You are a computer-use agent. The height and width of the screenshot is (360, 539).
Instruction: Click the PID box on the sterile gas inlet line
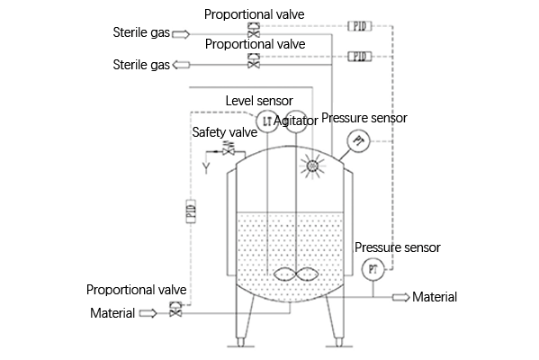tap(360, 26)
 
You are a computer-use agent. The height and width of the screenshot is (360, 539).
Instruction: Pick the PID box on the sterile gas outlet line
tap(360, 57)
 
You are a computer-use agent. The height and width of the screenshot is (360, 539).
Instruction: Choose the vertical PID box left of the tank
tap(191, 211)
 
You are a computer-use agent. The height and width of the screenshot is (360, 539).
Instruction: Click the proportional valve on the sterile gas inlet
tap(254, 30)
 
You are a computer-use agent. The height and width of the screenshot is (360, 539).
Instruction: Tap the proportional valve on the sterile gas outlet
tap(254, 60)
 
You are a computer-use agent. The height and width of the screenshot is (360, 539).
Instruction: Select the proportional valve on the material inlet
tap(175, 309)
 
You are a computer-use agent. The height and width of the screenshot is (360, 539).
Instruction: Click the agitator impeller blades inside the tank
tap(296, 274)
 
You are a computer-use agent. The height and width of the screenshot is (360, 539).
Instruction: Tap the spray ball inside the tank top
tap(312, 166)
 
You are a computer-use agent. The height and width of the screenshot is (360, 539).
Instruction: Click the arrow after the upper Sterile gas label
tap(181, 34)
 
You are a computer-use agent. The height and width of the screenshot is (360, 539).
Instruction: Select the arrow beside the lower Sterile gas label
tap(181, 65)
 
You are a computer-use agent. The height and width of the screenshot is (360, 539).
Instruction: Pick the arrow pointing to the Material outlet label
tap(401, 297)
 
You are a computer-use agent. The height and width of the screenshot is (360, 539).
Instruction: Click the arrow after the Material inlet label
tap(148, 313)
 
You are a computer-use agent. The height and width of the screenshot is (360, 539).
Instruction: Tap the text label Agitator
tap(296, 121)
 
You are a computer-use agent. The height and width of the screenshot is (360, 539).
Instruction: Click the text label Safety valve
tap(225, 132)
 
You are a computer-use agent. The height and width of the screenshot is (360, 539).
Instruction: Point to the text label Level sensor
tap(259, 101)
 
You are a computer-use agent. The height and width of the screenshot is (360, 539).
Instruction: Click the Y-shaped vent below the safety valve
tap(206, 167)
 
